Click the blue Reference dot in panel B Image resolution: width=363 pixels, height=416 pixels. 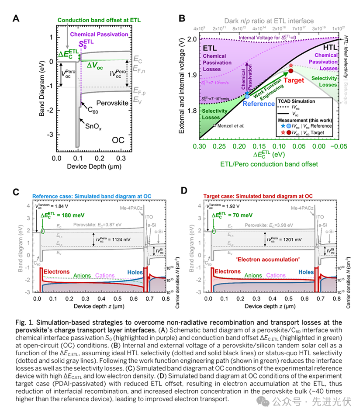pos(247,95)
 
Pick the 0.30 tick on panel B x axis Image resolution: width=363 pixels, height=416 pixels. pos(200,145)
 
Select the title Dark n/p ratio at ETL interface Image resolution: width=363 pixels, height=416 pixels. pos(270,21)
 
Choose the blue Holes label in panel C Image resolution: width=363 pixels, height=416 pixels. pos(135,272)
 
